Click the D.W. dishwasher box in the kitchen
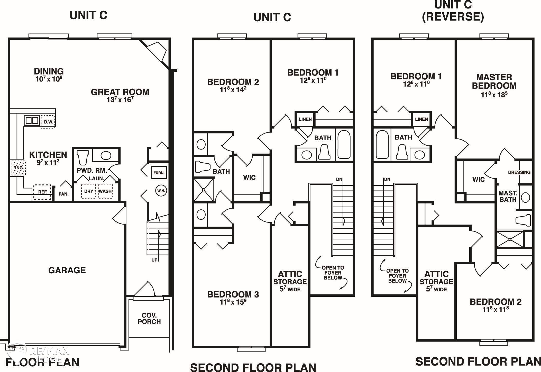48,122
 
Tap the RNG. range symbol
18,168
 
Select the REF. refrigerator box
42,192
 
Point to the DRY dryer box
89,191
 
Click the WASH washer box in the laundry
105,191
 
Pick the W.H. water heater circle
161,191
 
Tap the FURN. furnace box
159,173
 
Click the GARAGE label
67,270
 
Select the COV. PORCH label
149,318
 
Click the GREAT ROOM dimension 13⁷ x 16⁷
120,99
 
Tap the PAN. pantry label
63,194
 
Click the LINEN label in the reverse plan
421,119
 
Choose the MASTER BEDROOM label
494,81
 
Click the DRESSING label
519,172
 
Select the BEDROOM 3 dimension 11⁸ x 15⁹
233,302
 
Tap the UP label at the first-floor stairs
154,260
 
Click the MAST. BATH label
508,196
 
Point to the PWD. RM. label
92,171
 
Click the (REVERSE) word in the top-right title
453,17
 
